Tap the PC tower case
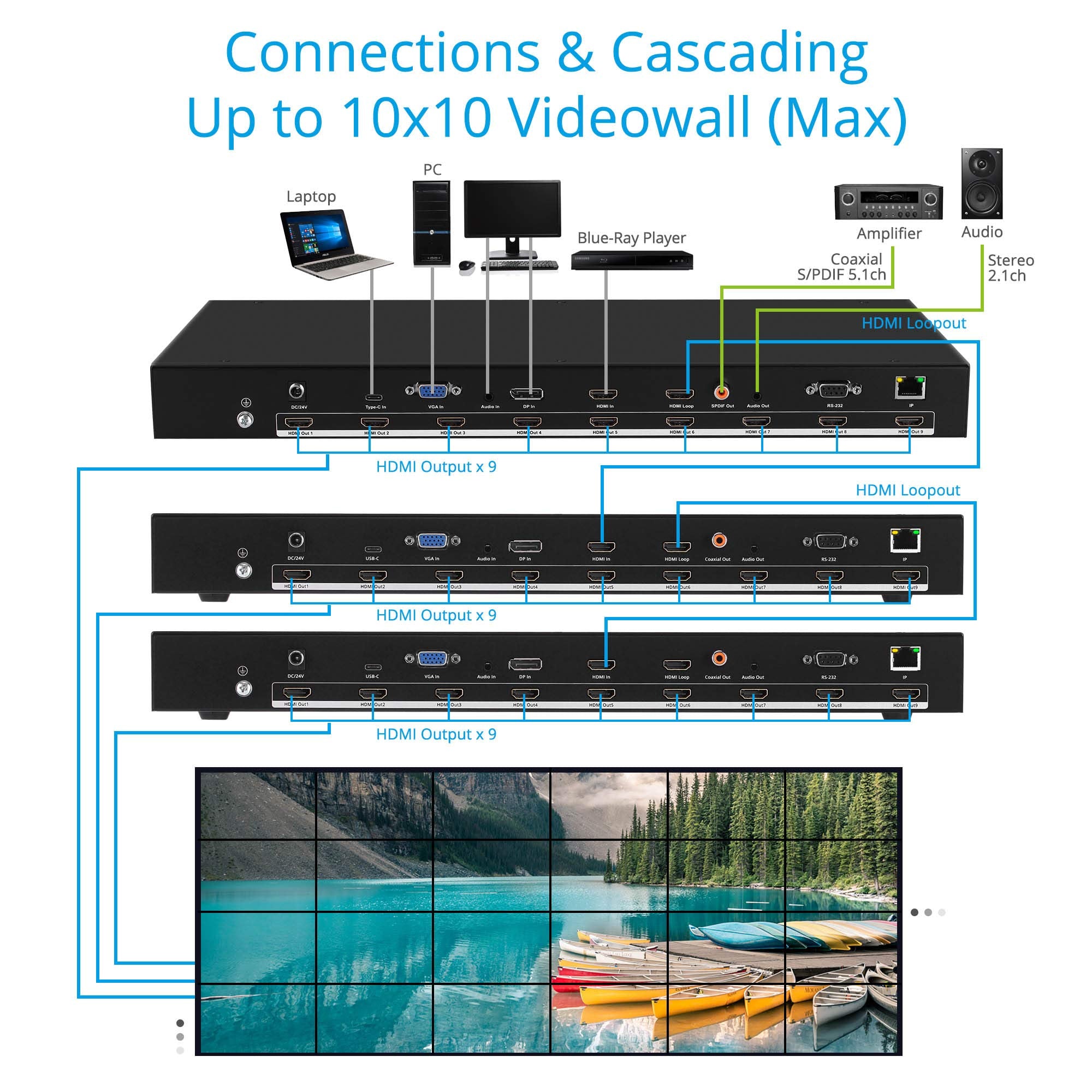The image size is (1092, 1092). [x=431, y=224]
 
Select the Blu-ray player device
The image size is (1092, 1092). [x=631, y=260]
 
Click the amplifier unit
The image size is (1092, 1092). [x=888, y=202]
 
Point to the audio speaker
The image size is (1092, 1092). [x=982, y=183]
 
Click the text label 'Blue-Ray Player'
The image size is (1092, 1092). [x=631, y=238]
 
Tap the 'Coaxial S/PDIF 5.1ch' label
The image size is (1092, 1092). [x=841, y=267]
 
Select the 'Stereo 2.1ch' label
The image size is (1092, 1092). [x=1011, y=268]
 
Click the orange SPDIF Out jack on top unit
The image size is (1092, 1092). [x=721, y=391]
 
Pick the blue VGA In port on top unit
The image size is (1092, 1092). [x=432, y=390]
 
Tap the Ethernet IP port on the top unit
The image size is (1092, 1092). [x=910, y=388]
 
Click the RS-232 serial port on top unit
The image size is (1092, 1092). [x=833, y=389]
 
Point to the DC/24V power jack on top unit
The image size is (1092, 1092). [x=296, y=390]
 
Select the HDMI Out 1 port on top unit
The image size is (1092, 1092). [x=298, y=422]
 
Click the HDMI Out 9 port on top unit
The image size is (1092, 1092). [x=909, y=421]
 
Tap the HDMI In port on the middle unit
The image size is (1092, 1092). [x=601, y=547]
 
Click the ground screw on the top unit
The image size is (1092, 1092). [x=245, y=420]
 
